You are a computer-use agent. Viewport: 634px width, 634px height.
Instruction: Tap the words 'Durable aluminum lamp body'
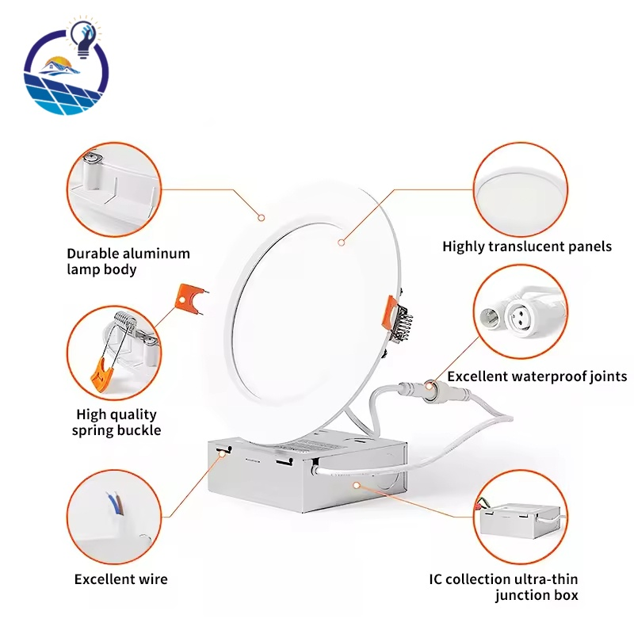128,262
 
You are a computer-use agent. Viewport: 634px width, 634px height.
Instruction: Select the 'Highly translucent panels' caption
527,246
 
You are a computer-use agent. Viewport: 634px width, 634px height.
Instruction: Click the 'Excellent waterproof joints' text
537,376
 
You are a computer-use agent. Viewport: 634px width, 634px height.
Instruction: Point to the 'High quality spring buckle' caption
116,422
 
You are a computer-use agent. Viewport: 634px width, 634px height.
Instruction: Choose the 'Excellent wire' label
121,579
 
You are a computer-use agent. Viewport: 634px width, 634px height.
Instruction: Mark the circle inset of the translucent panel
521,189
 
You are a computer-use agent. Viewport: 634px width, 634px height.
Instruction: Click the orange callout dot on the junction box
356,484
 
